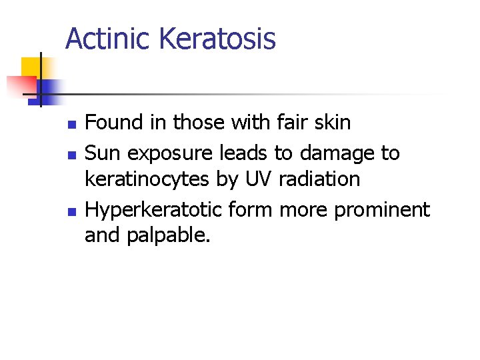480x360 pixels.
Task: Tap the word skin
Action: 331,123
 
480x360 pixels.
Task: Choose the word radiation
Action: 320,179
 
